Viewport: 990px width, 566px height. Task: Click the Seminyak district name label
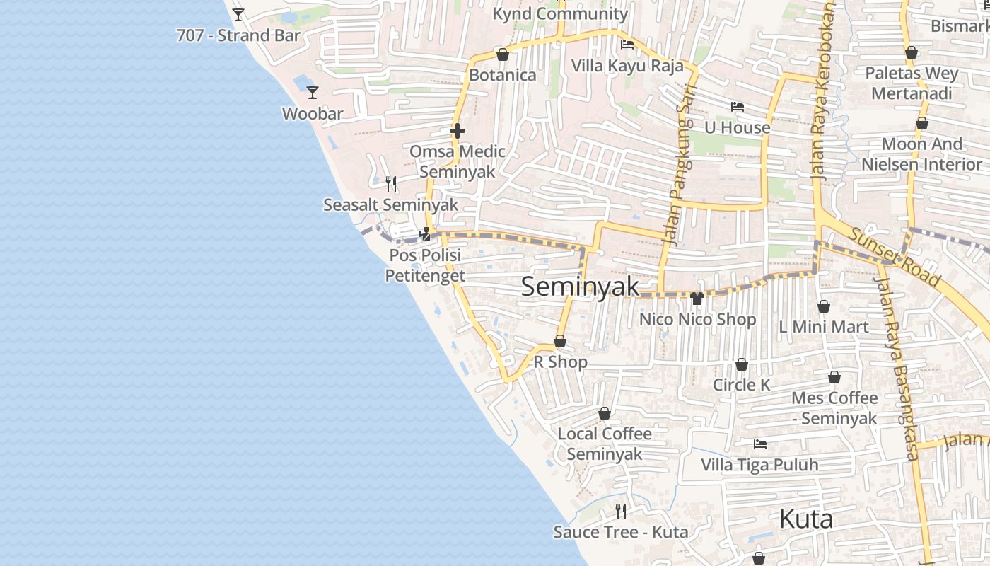pyautogui.click(x=580, y=287)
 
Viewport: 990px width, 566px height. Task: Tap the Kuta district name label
pyautogui.click(x=805, y=519)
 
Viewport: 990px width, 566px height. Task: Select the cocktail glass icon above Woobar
pyautogui.click(x=312, y=92)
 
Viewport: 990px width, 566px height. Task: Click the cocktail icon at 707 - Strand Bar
pyautogui.click(x=238, y=14)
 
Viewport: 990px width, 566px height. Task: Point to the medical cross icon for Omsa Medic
pyautogui.click(x=458, y=130)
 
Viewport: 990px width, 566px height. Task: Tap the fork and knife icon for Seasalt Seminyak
pyautogui.click(x=391, y=184)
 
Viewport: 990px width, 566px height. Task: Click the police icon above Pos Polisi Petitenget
pyautogui.click(x=425, y=233)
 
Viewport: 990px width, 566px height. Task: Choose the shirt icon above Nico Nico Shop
pyautogui.click(x=697, y=298)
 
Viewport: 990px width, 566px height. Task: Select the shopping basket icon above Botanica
pyautogui.click(x=503, y=54)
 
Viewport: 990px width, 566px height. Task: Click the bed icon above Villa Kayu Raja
pyautogui.click(x=627, y=45)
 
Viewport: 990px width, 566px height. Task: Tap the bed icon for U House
pyautogui.click(x=738, y=106)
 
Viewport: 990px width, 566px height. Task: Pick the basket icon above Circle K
pyautogui.click(x=741, y=364)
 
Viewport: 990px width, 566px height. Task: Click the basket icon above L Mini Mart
pyautogui.click(x=823, y=306)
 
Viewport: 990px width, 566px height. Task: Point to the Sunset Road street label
pyautogui.click(x=895, y=257)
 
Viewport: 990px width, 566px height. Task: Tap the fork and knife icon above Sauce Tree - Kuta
pyautogui.click(x=621, y=511)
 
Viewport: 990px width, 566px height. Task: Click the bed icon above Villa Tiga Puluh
pyautogui.click(x=760, y=444)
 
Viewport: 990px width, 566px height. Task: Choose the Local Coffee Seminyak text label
pyautogui.click(x=605, y=444)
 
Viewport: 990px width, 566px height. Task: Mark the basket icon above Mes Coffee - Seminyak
pyautogui.click(x=834, y=377)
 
